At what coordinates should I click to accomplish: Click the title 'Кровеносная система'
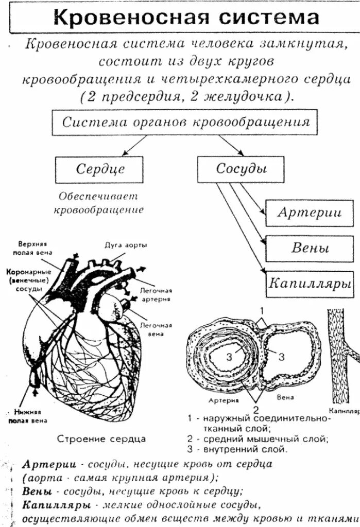click(x=186, y=19)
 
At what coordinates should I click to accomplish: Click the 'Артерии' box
click(x=310, y=213)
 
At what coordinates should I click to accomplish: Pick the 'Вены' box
click(x=310, y=249)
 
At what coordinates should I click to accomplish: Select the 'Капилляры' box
click(x=310, y=284)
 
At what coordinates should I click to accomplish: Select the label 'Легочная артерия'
click(x=155, y=294)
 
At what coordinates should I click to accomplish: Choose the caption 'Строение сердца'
click(x=101, y=439)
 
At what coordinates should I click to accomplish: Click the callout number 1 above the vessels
click(x=262, y=310)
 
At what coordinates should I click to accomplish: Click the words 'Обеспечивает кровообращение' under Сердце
click(x=98, y=203)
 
